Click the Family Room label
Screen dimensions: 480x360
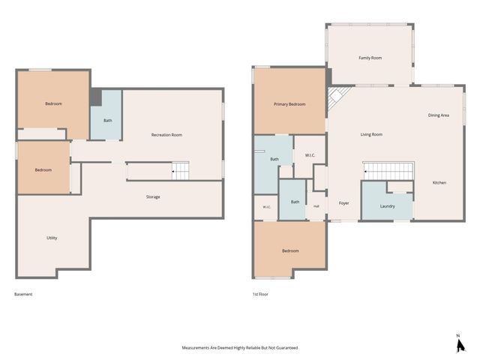[370, 58]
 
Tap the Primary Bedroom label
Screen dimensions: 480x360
[289, 104]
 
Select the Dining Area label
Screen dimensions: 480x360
[438, 115]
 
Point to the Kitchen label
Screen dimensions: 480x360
[439, 183]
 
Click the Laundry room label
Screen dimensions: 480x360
[388, 206]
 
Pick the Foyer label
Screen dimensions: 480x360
[343, 203]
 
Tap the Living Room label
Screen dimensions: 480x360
[371, 134]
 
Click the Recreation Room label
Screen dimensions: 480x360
[166, 135]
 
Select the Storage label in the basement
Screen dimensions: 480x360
[153, 197]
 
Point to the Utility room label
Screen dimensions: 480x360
[52, 238]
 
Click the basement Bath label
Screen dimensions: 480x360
[108, 121]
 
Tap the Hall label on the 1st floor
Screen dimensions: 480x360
[316, 206]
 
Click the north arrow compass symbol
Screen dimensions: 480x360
[460, 344]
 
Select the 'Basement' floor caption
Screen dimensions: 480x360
[23, 294]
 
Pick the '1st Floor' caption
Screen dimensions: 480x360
[260, 294]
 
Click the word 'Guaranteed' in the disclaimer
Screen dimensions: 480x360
[286, 348]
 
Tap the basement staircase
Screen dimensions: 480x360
[180, 171]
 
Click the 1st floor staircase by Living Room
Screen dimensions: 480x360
[388, 171]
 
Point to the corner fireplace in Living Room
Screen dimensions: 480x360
[337, 97]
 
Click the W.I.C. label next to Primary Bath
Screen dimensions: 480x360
[310, 155]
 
